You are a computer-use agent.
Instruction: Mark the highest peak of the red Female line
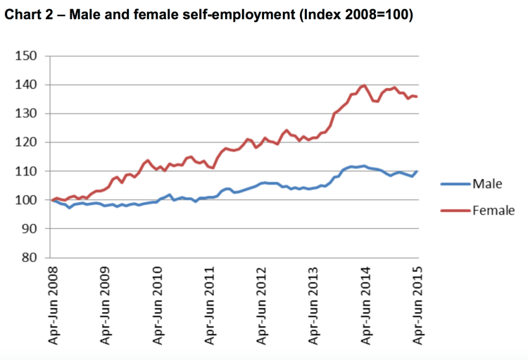(x=364, y=85)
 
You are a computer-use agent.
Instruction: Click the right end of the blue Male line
(x=416, y=171)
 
